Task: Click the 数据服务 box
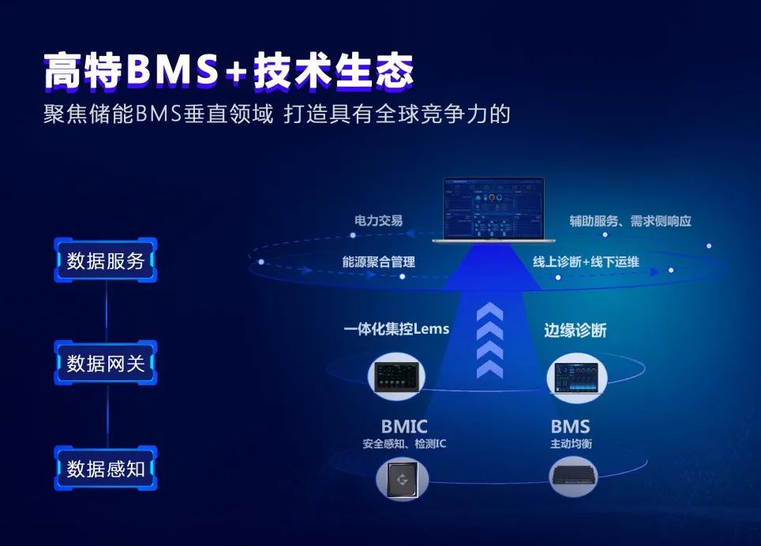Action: [x=105, y=260]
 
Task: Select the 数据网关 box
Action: [x=105, y=363]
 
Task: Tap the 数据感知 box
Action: [x=105, y=469]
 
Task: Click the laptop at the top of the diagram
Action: [x=494, y=209]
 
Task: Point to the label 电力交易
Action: [x=379, y=221]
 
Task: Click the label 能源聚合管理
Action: [x=379, y=262]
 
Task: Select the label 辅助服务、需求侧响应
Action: [x=631, y=221]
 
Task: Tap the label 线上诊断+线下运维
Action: [x=586, y=262]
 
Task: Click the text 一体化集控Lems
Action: [x=396, y=329]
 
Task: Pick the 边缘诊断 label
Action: [x=575, y=331]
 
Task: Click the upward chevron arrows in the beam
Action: [x=489, y=340]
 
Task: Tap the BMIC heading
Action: [x=404, y=427]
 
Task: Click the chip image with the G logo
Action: [x=403, y=480]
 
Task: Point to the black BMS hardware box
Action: [x=573, y=476]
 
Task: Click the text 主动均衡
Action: [x=572, y=443]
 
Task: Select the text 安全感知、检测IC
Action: [x=404, y=443]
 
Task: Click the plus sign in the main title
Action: [x=236, y=73]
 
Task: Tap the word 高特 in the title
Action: [x=83, y=71]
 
